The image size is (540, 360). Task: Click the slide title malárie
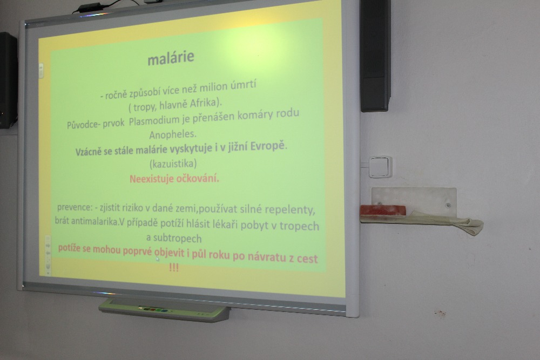(x=171, y=58)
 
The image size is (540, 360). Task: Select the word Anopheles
(x=173, y=134)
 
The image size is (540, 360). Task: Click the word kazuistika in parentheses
(x=173, y=163)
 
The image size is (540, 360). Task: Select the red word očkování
(x=198, y=179)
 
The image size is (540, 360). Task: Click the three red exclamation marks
(x=174, y=267)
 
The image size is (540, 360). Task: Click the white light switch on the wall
(x=381, y=167)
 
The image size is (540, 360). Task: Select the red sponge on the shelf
(x=383, y=210)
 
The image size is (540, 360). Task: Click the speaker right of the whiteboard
(x=375, y=55)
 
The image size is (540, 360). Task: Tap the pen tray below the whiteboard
(x=164, y=310)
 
